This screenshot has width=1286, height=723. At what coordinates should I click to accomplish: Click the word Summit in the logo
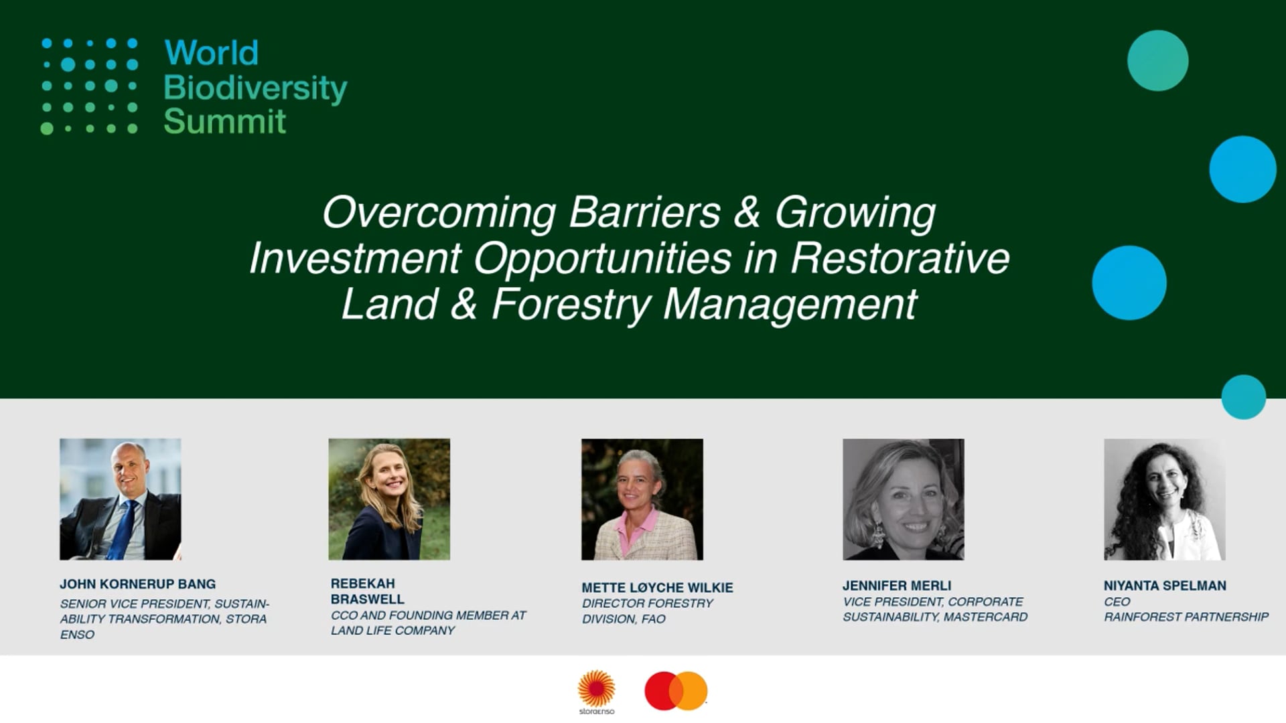[x=225, y=121]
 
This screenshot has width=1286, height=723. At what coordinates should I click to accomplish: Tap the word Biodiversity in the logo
[x=255, y=88]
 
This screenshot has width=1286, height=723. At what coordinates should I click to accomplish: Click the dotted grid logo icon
[x=90, y=86]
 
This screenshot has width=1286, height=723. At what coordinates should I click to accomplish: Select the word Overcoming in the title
[x=439, y=213]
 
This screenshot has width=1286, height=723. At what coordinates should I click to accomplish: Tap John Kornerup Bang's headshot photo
[x=121, y=499]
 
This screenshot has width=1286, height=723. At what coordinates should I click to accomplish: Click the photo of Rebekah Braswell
[x=389, y=499]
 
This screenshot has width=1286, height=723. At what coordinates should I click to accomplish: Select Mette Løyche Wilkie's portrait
[x=642, y=499]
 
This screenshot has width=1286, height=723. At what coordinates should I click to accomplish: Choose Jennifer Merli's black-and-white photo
[x=904, y=499]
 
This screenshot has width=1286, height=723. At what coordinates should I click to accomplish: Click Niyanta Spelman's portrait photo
[x=1165, y=499]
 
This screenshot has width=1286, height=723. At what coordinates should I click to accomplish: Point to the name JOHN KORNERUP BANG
[x=138, y=584]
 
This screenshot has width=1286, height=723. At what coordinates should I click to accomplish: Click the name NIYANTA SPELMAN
[x=1165, y=586]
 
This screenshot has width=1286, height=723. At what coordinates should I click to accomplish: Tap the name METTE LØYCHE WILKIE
[x=657, y=588]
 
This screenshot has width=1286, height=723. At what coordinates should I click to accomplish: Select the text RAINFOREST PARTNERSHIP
[x=1186, y=617]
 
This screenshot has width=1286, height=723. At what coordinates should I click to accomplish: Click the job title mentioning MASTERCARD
[x=935, y=609]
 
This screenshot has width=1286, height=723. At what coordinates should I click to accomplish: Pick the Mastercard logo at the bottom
[x=676, y=691]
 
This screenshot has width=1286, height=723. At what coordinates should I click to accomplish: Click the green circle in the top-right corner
[x=1158, y=61]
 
